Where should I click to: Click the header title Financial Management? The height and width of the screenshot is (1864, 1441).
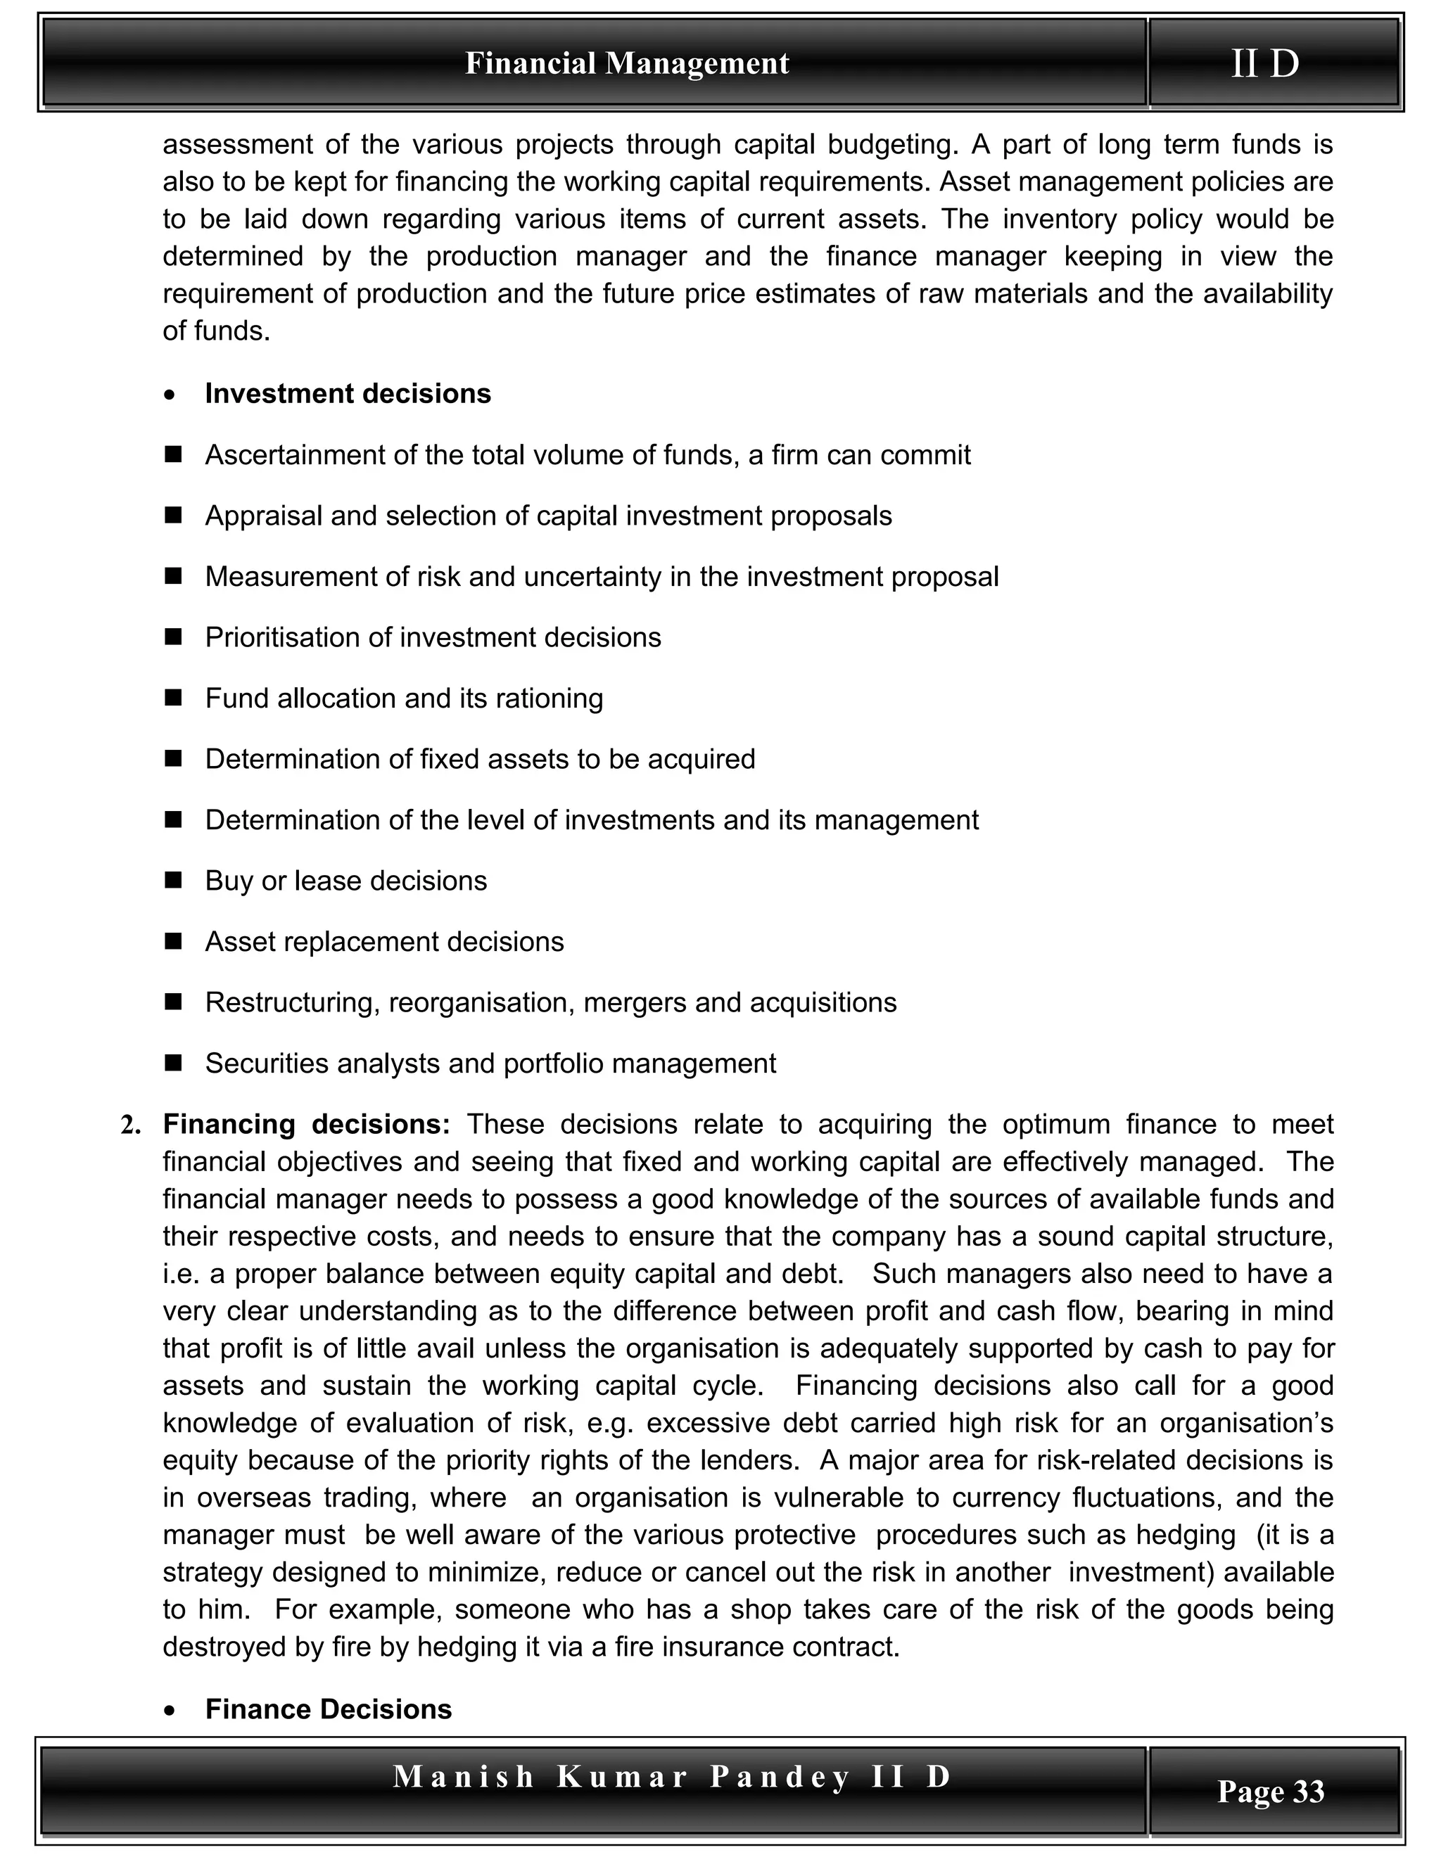click(627, 64)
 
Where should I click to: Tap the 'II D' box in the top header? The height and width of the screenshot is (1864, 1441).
click(1265, 64)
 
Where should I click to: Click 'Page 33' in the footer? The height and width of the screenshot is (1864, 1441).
click(1270, 1791)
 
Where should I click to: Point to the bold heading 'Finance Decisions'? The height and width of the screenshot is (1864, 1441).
click(329, 1709)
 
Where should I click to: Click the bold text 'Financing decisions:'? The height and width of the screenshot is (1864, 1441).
click(305, 1124)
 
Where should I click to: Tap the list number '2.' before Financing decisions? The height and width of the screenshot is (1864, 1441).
click(131, 1125)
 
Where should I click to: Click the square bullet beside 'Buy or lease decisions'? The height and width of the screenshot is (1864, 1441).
click(174, 880)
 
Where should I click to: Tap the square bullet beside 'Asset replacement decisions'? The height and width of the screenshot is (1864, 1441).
click(174, 941)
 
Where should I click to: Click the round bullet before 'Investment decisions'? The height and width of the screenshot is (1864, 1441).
click(172, 395)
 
